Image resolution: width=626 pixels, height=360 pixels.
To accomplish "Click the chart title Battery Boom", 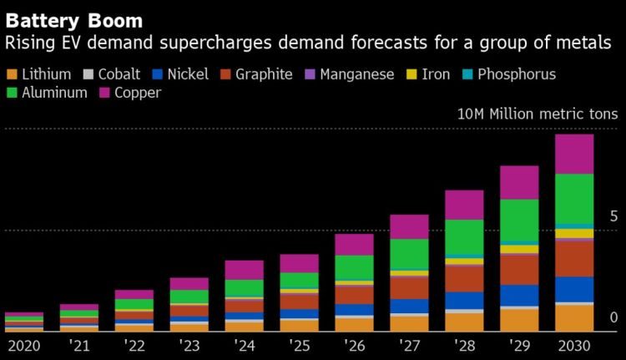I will tap(73, 19).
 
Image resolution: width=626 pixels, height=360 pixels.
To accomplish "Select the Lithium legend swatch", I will tap(12, 74).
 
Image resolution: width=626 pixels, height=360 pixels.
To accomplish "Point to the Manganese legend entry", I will tap(354, 74).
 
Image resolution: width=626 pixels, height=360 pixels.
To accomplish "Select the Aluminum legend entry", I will tap(53, 93).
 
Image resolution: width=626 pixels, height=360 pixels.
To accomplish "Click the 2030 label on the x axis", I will tap(574, 344).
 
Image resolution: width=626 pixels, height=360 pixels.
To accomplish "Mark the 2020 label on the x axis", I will tap(24, 344).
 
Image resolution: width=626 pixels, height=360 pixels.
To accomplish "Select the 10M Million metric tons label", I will tap(536, 114).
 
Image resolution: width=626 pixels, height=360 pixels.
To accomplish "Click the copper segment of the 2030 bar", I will tap(574, 154).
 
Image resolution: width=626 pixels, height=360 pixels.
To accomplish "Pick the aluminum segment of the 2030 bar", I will tap(574, 199).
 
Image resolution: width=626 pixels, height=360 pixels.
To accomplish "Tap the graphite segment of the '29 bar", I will tap(519, 269).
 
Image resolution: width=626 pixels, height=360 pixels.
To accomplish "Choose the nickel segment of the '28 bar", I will tap(464, 300).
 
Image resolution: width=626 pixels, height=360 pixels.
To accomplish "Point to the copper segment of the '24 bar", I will tap(244, 270).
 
